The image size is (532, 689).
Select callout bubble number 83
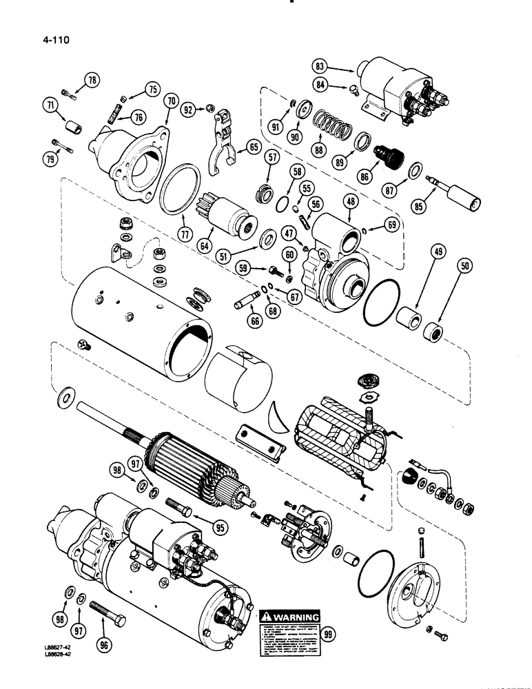319,67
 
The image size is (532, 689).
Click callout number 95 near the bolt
220,528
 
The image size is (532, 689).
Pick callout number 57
272,158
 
